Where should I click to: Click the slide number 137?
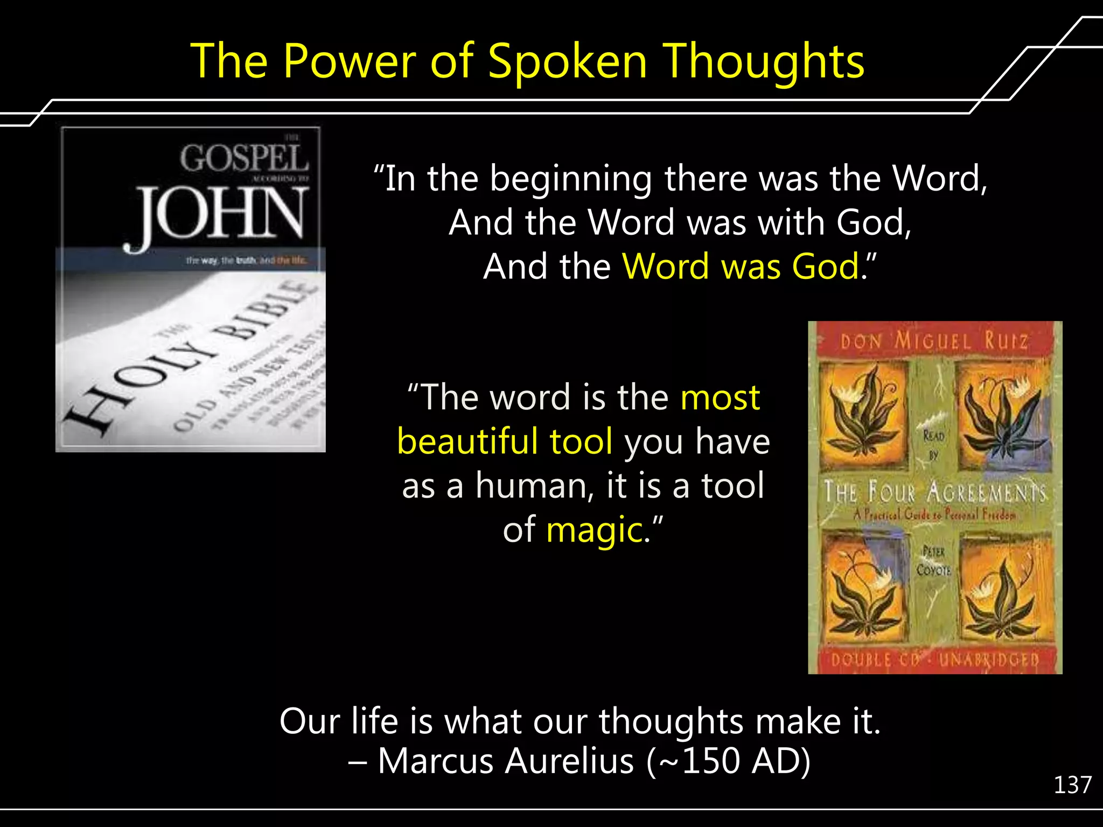click(x=1072, y=785)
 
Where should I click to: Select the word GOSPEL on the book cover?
click(x=244, y=158)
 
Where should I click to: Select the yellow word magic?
click(x=595, y=530)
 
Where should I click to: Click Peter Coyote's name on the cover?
click(x=934, y=561)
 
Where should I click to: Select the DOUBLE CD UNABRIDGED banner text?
click(x=935, y=660)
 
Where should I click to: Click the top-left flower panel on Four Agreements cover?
click(x=863, y=412)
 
